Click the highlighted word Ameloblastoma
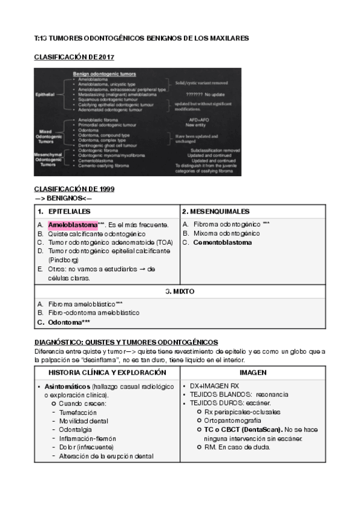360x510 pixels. (72, 224)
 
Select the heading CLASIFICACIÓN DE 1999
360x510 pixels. (74, 189)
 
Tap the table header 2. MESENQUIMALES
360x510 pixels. (216, 211)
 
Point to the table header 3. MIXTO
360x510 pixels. (180, 291)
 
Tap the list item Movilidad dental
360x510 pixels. (84, 420)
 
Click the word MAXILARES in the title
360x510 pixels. (227, 38)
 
